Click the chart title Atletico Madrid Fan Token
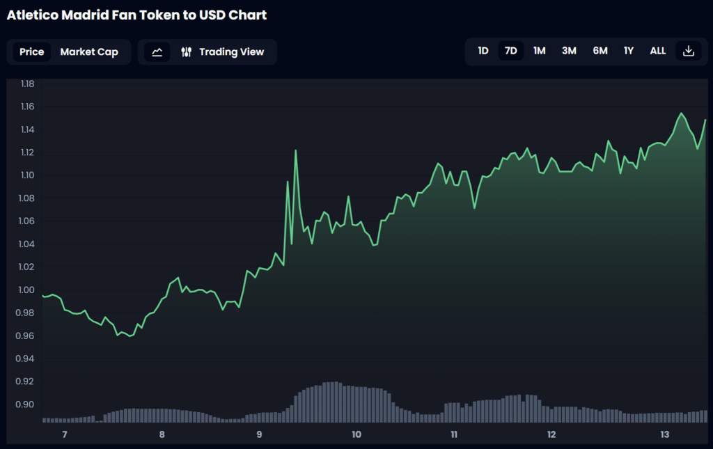(x=136, y=15)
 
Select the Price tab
(x=31, y=52)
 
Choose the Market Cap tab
(x=89, y=52)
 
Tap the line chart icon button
(x=157, y=52)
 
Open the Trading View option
(x=224, y=52)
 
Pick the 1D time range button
(x=483, y=51)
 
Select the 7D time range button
(x=510, y=51)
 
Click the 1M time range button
(x=539, y=51)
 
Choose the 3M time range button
(x=569, y=51)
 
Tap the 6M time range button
(x=600, y=51)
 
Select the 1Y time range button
(x=629, y=51)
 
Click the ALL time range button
(x=657, y=51)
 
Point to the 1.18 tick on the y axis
(x=28, y=84)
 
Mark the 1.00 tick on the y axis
(x=28, y=290)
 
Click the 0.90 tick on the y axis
(x=28, y=404)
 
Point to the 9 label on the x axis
(x=259, y=435)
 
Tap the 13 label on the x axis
(x=664, y=435)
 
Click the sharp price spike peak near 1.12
(x=296, y=150)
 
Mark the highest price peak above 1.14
(x=680, y=113)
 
